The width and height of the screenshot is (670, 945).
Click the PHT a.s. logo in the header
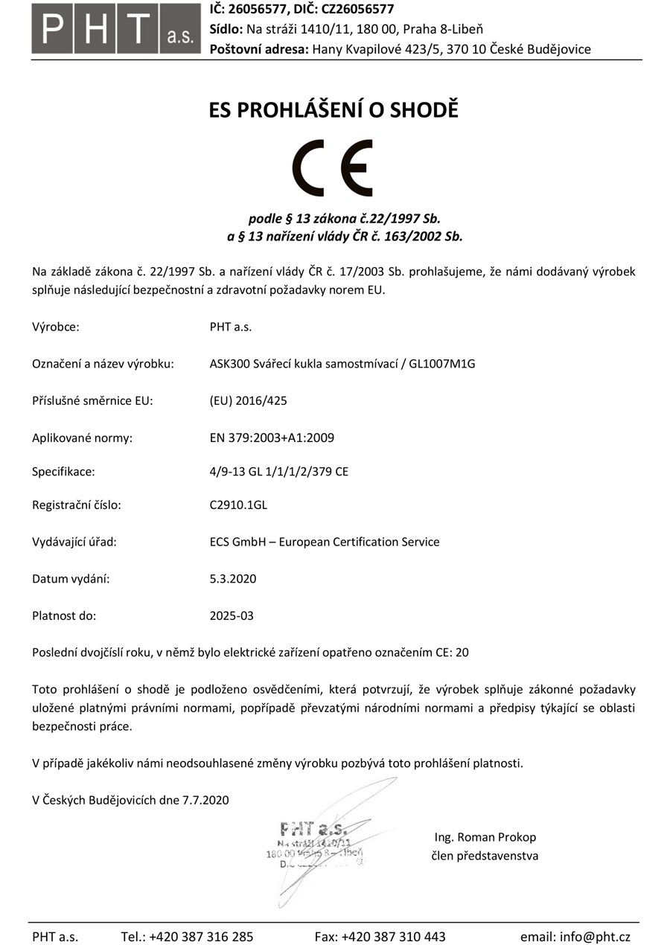[115, 29]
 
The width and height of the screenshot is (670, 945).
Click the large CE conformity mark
[333, 167]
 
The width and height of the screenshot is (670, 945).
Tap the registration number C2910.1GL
[238, 505]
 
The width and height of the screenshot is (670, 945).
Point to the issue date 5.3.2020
[233, 578]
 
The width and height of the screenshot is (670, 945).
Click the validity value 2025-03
[232, 615]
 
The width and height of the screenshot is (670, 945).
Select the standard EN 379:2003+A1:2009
[272, 438]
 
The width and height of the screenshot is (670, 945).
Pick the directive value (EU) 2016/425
[248, 400]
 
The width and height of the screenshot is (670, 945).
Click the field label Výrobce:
[56, 326]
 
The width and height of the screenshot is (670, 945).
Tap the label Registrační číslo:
[76, 505]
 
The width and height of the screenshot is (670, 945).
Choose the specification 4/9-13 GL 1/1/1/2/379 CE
[279, 471]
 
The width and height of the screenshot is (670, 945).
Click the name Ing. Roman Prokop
[485, 837]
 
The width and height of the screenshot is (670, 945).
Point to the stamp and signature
[316, 845]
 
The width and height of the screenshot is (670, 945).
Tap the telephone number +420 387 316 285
[201, 937]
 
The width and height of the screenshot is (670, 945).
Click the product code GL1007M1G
[442, 364]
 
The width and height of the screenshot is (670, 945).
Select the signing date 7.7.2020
[204, 800]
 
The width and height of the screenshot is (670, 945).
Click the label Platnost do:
[64, 615]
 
